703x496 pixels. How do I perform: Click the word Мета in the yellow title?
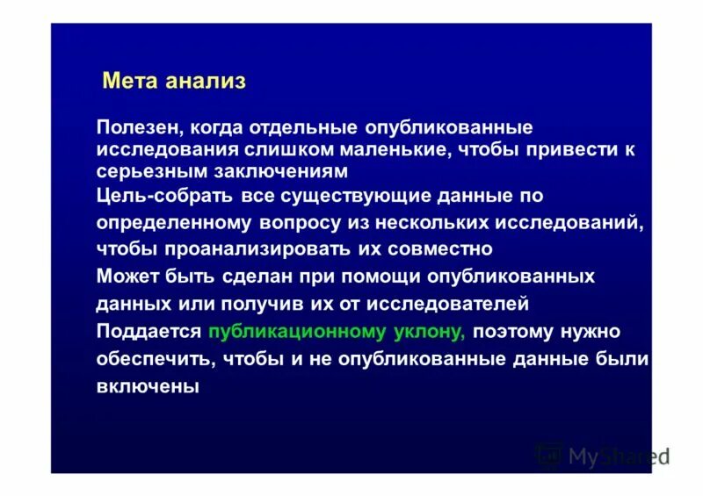pos(129,82)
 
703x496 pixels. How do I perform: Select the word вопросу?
pos(304,222)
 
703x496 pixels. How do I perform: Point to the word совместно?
pos(443,248)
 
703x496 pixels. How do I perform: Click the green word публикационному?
pos(297,332)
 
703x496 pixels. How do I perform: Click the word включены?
pos(149,385)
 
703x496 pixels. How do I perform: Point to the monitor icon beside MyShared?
pos(549,454)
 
